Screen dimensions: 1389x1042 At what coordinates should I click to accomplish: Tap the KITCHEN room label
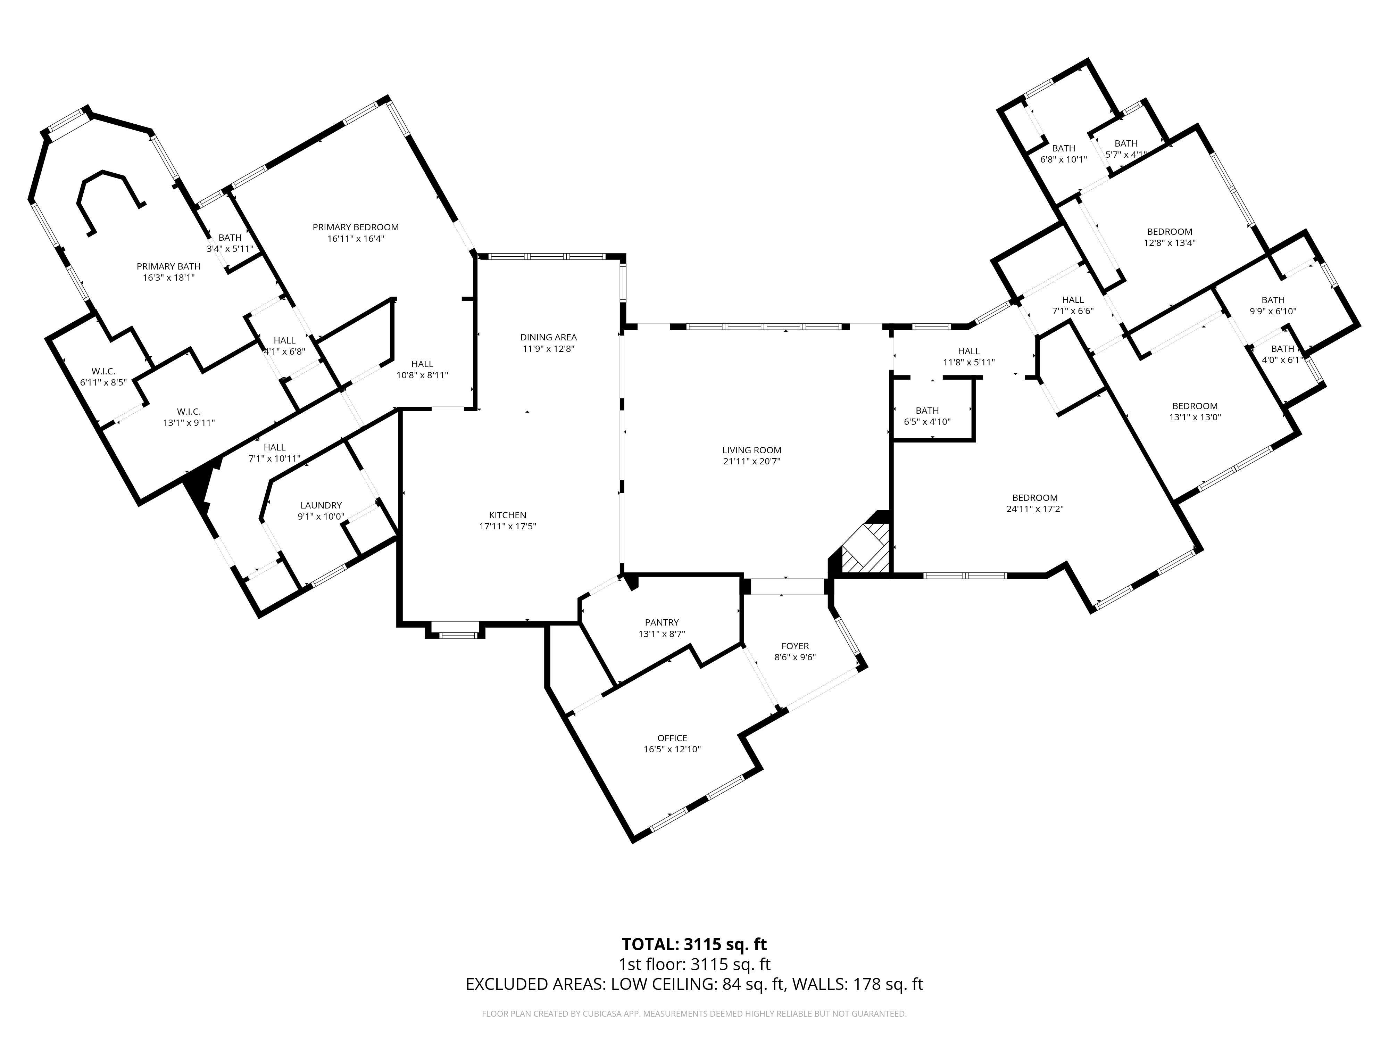click(507, 515)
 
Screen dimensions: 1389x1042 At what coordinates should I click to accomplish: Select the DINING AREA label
click(548, 337)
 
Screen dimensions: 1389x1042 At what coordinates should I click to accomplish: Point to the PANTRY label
click(662, 622)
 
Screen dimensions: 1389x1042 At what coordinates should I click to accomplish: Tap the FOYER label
click(795, 646)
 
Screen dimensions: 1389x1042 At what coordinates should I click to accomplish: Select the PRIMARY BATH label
click(169, 266)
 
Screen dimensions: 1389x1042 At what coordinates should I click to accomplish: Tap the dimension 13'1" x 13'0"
click(1195, 417)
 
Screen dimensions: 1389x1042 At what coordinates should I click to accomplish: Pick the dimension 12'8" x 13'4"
click(1170, 242)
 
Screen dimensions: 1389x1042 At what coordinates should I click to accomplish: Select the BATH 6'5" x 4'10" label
click(928, 416)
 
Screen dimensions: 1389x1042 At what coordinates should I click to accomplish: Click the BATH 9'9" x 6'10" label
click(1273, 305)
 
